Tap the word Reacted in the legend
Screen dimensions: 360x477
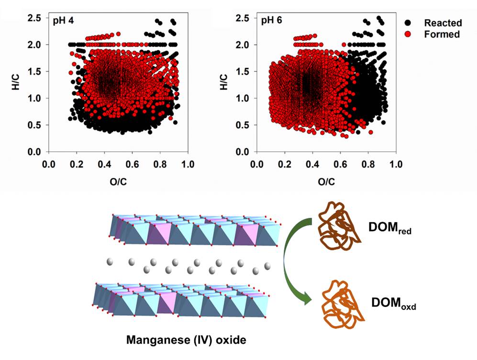click(443, 23)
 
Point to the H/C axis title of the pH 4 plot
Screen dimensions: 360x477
click(15, 84)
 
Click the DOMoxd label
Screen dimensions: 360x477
click(393, 303)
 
